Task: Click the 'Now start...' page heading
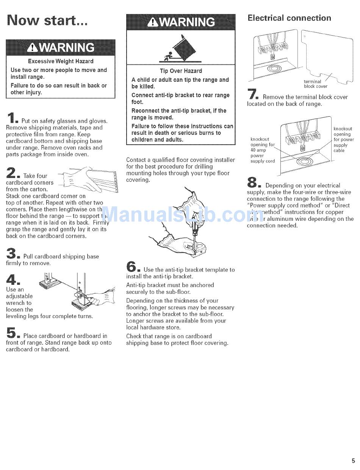(47, 20)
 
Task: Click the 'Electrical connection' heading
(289, 18)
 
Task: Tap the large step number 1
(11, 118)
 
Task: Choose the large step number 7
(252, 94)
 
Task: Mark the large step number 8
(253, 182)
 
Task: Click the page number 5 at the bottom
(353, 461)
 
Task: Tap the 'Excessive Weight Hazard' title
(61, 61)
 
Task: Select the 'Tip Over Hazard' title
(181, 71)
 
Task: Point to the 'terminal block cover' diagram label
(315, 84)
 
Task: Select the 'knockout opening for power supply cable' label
(343, 140)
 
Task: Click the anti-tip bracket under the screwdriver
(201, 249)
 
